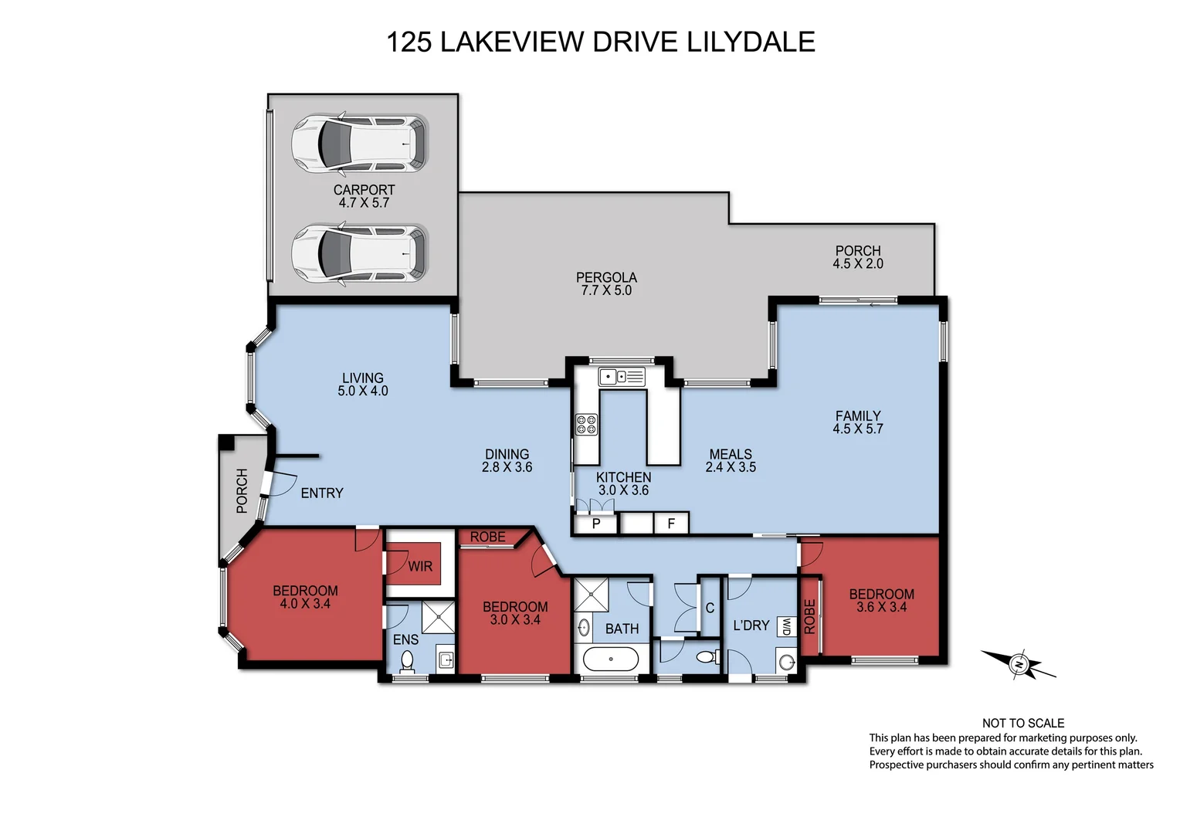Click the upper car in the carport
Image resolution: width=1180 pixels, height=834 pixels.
(359, 144)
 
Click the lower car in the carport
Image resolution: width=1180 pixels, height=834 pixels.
(359, 253)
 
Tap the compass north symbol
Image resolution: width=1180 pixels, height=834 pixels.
(1019, 664)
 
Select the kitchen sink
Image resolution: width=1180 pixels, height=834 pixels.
(621, 377)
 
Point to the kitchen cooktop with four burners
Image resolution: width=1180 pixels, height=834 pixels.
(586, 424)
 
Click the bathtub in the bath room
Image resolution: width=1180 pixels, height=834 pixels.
(610, 659)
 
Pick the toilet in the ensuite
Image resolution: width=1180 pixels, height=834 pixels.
(407, 660)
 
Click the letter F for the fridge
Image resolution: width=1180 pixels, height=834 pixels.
(671, 524)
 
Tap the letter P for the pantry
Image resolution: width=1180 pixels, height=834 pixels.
(596, 524)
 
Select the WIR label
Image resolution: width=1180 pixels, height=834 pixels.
(420, 566)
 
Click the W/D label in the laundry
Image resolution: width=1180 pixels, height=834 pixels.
(785, 625)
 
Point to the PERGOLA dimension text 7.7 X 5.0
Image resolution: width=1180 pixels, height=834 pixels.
(606, 290)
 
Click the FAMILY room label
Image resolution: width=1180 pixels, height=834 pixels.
(858, 415)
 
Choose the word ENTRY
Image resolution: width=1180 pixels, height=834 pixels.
(322, 493)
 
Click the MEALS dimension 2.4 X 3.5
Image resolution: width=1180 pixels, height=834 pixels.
(731, 467)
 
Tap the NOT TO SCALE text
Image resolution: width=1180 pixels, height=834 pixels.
(1023, 723)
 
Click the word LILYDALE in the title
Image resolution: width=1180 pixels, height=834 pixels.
(751, 42)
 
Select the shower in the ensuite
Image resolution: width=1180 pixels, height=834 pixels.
(439, 618)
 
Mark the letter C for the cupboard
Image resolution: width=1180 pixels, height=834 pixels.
(710, 608)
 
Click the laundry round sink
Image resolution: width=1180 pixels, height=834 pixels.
(786, 662)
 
